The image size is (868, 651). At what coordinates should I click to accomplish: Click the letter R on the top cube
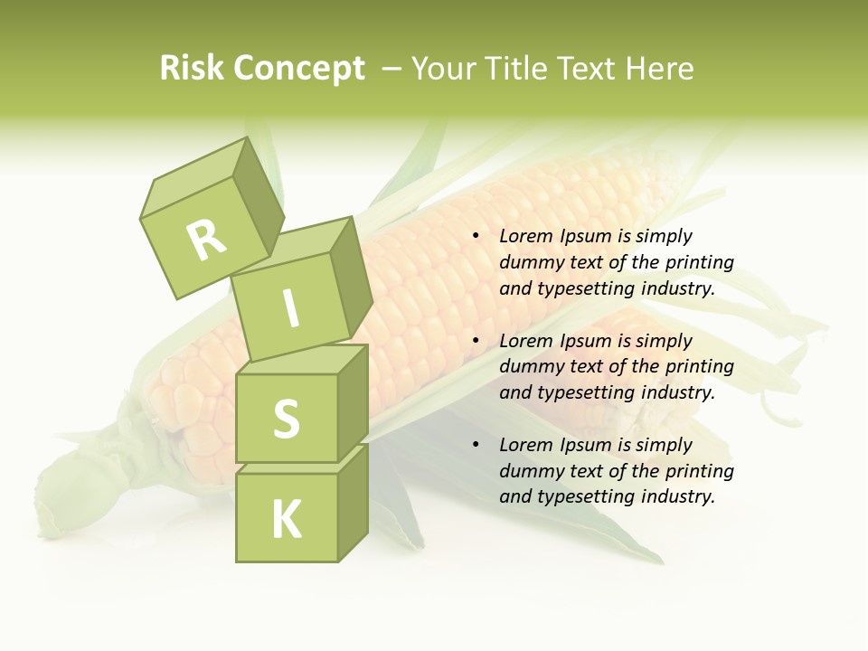pyautogui.click(x=206, y=241)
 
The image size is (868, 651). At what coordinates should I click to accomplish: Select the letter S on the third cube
pyautogui.click(x=286, y=418)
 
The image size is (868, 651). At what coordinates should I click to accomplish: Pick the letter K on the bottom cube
pyautogui.click(x=287, y=519)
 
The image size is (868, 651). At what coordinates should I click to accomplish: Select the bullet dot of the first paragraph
pyautogui.click(x=475, y=237)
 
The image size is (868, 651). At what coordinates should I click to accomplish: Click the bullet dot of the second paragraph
pyautogui.click(x=475, y=341)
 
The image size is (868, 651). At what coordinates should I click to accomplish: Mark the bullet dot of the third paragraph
pyautogui.click(x=475, y=445)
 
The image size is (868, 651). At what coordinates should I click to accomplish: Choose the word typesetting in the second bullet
pyautogui.click(x=584, y=392)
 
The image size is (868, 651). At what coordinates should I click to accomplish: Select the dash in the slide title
pyautogui.click(x=392, y=69)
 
